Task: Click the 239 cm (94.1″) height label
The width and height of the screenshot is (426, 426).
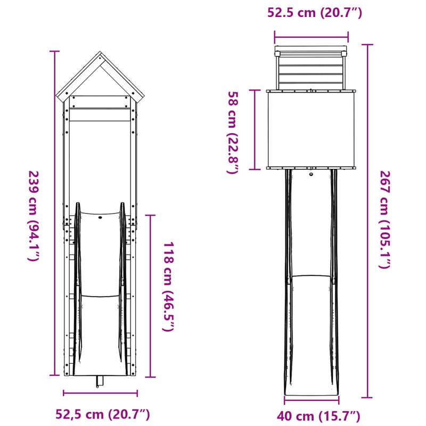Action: (33, 216)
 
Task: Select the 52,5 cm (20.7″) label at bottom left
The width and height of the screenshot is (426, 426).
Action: (103, 414)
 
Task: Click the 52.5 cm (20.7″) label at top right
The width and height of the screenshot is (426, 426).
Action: (315, 13)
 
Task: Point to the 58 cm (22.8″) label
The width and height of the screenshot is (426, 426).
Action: (233, 133)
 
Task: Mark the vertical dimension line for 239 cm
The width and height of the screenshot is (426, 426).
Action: (54, 213)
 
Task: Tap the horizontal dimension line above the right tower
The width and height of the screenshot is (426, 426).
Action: (312, 37)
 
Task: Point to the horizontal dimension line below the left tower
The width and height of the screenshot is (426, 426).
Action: (100, 394)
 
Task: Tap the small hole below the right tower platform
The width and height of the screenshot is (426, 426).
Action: (312, 174)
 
